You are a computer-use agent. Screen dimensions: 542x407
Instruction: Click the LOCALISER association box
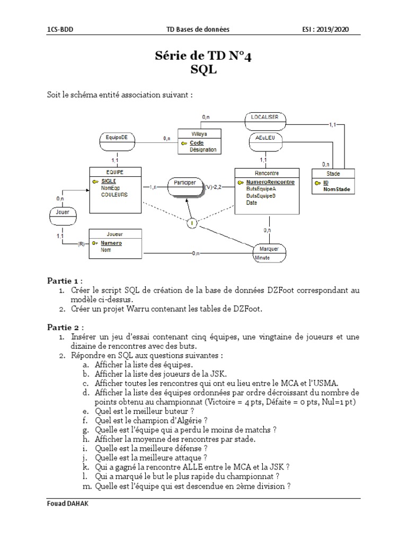pos(266,118)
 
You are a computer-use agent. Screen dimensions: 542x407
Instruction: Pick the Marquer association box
pos(269,249)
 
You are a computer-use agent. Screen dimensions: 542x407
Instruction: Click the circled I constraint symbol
pos(192,224)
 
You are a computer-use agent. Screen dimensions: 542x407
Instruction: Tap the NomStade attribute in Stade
pos(337,189)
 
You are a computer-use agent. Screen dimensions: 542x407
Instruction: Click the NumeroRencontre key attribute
pos(270,182)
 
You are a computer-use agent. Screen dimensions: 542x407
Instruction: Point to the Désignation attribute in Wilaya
pos(203,150)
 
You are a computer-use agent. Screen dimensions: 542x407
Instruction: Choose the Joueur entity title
pos(115,233)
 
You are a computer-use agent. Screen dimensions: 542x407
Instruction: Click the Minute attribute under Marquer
pos(262,258)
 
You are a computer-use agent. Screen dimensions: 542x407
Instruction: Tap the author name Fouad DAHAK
pos(66,505)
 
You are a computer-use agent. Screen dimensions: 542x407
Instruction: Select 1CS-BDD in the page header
pos(60,30)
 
